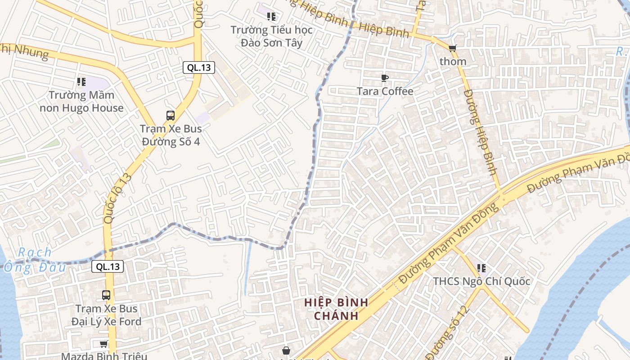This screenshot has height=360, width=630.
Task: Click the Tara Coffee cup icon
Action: [x=384, y=78]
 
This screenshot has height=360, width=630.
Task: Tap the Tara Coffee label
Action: [x=385, y=91]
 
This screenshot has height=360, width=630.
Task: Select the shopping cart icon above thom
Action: [x=452, y=48]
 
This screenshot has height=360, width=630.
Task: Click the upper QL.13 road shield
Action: [x=199, y=67]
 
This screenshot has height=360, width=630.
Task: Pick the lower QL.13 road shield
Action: [x=108, y=266]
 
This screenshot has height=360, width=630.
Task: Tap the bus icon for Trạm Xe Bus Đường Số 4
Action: [x=171, y=116]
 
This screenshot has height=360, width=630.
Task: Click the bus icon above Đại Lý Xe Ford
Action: [x=106, y=296]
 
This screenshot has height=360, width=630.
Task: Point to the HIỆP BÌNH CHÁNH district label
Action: [x=336, y=309]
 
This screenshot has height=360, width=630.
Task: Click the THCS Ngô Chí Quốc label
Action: [x=481, y=281]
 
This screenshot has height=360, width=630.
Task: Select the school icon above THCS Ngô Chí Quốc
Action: [x=481, y=268]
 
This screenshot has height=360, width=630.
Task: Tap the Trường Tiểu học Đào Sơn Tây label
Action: [x=271, y=36]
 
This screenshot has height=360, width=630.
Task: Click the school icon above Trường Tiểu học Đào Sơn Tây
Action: [x=271, y=17]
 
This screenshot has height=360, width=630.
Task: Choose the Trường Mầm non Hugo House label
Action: [x=81, y=101]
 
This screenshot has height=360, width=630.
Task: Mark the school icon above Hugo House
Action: [x=81, y=82]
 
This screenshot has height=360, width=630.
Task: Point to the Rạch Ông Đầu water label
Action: [x=35, y=260]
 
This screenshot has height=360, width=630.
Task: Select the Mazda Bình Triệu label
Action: [x=104, y=356]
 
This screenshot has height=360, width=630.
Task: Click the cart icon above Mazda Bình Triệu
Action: [x=103, y=344]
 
